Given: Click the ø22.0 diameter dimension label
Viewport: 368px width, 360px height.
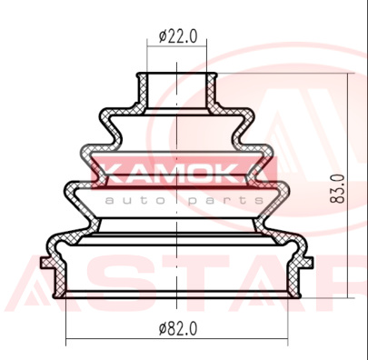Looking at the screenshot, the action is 178,36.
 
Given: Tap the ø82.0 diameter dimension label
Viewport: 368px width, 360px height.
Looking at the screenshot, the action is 178,328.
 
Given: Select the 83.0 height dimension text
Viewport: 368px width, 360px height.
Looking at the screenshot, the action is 338,189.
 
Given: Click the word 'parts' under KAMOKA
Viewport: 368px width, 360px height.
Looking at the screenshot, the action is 225,201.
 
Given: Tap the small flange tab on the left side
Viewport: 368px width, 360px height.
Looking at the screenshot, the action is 45,263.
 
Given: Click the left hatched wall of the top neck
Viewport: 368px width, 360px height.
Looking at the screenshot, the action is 142,90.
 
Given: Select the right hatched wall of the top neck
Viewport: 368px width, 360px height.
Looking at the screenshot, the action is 212,90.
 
